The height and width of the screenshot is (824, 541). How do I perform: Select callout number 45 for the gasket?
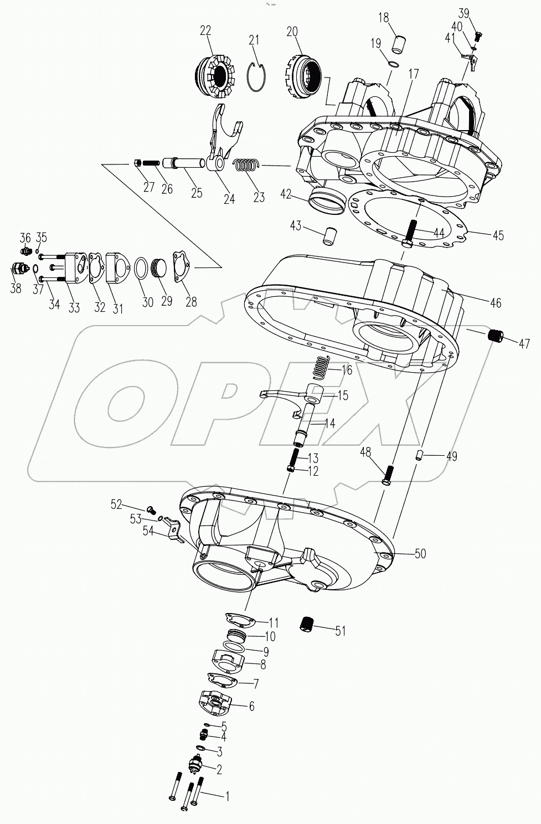click(x=498, y=235)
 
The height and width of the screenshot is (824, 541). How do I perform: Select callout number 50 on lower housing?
click(x=420, y=553)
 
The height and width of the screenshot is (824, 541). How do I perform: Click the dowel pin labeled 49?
click(x=420, y=455)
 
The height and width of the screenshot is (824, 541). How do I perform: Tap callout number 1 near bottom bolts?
click(x=226, y=796)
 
